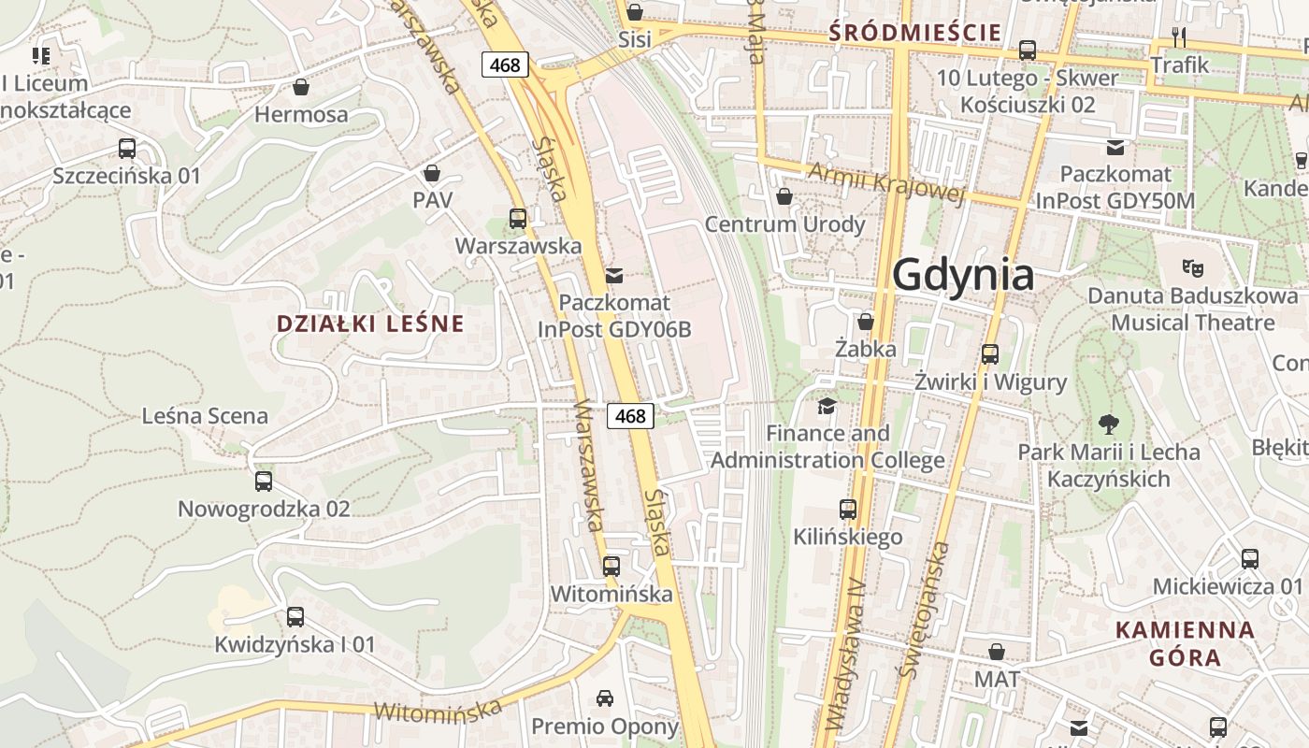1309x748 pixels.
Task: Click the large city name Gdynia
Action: click(x=963, y=276)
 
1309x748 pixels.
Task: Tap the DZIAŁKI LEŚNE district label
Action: click(x=370, y=324)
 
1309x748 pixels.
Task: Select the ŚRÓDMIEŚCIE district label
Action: click(x=915, y=34)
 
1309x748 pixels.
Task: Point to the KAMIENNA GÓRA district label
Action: click(x=1186, y=643)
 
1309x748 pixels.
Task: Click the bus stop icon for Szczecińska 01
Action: click(x=127, y=148)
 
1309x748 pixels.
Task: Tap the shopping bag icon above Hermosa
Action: click(x=301, y=87)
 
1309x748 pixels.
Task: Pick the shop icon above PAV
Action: click(x=432, y=173)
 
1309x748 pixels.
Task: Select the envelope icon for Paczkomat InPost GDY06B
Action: click(x=614, y=275)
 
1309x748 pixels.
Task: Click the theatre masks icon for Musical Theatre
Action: click(x=1192, y=267)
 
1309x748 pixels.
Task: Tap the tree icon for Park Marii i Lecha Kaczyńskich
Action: click(x=1109, y=424)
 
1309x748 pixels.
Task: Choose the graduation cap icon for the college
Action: click(x=827, y=405)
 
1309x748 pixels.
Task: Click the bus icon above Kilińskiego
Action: click(x=848, y=510)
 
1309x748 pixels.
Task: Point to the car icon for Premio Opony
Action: click(x=605, y=698)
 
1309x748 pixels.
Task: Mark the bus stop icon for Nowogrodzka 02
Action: click(x=264, y=482)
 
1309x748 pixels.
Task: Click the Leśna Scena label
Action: click(x=205, y=416)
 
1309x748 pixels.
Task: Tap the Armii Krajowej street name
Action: click(x=885, y=182)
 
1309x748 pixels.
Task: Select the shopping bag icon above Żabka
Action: click(x=866, y=322)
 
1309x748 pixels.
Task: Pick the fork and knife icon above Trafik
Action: click(x=1179, y=37)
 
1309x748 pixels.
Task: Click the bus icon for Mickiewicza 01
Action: click(x=1250, y=559)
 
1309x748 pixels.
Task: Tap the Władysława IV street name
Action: click(x=843, y=654)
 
